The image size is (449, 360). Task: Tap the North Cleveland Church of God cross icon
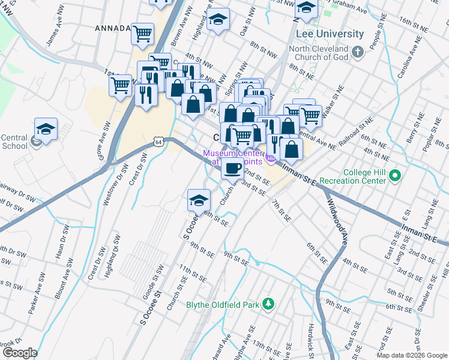358,51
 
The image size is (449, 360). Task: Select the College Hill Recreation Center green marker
394,176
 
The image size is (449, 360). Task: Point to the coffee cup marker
232,169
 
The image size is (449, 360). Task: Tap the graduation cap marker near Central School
46,129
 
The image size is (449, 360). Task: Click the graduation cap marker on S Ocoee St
199,201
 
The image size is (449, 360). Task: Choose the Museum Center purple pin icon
271,158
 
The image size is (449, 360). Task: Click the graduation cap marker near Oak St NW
218,19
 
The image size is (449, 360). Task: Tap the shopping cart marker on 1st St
120,85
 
